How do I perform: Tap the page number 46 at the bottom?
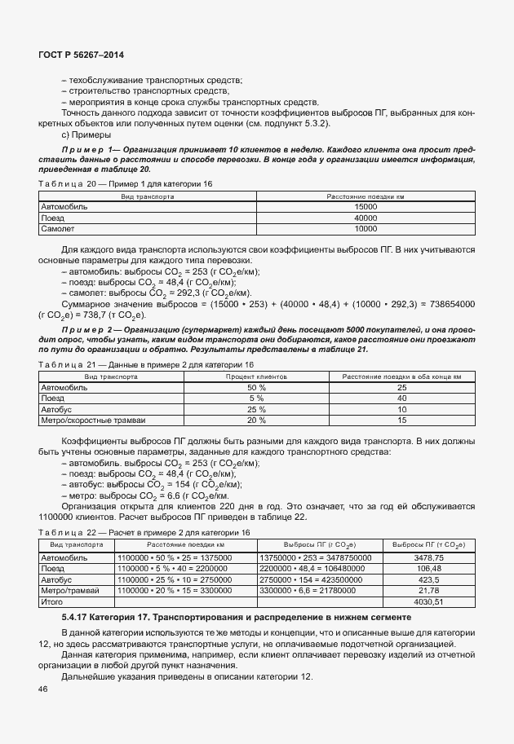click(42, 689)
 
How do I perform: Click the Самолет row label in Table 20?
click(58, 230)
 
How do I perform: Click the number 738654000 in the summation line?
click(447, 303)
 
